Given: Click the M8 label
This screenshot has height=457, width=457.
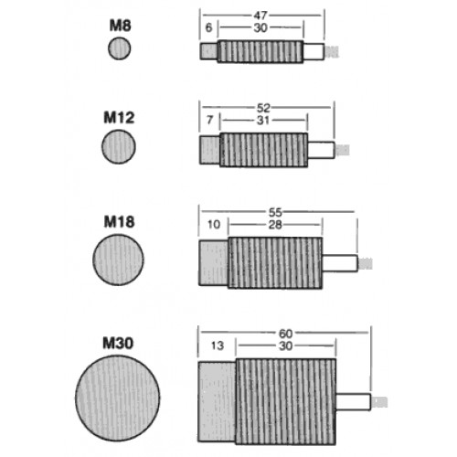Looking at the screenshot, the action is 120,26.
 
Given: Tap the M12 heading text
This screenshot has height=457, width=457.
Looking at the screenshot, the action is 119,118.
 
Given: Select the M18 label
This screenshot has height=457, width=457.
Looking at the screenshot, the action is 119,222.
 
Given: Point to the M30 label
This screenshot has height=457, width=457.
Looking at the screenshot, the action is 118,343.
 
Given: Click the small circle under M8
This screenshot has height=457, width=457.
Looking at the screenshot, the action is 120,48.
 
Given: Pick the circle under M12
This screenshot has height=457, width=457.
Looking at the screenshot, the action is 119,146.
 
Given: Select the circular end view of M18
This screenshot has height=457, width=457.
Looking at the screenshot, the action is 118,260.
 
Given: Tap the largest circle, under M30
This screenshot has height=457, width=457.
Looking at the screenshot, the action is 118,399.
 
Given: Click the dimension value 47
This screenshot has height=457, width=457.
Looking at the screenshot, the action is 260,15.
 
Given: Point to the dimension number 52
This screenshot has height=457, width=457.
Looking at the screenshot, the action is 263,108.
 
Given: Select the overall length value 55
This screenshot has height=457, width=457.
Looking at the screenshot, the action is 275,212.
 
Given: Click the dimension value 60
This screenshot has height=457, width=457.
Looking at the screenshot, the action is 286,334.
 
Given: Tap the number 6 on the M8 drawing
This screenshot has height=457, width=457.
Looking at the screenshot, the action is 208,27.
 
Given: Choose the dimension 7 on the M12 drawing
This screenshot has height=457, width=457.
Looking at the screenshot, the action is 209,120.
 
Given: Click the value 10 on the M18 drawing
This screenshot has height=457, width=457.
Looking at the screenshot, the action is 214,225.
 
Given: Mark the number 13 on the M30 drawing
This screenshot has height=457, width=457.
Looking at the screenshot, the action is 218,345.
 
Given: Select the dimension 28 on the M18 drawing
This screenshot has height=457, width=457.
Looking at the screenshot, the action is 275,225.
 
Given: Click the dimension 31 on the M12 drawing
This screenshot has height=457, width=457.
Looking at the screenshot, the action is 263,121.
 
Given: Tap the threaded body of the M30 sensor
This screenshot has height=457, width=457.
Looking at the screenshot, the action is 286,401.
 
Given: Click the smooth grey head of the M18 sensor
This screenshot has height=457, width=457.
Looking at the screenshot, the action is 214,262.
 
